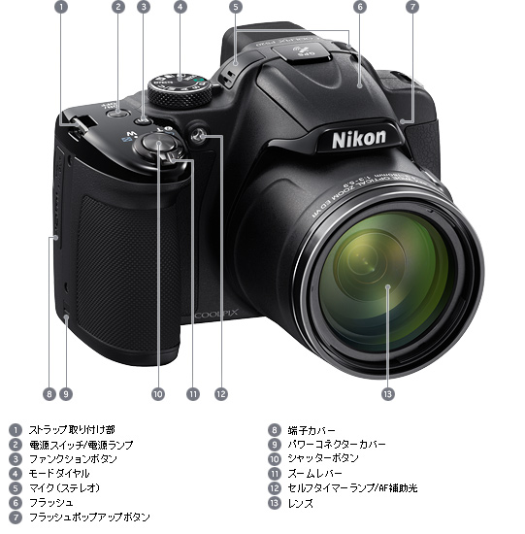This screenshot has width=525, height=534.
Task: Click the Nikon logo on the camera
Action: coord(359,138)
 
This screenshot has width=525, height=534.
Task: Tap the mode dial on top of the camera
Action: coord(180,86)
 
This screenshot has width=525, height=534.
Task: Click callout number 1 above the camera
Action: coord(61,7)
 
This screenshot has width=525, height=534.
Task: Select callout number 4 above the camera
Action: coord(180,7)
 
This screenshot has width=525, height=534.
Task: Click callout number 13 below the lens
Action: coord(388,393)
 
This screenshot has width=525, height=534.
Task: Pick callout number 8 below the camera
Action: coord(49,394)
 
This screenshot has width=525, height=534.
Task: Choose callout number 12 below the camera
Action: coord(221,394)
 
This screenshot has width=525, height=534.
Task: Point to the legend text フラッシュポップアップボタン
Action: coord(88,517)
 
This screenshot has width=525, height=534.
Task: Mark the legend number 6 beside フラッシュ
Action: coord(15,502)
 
